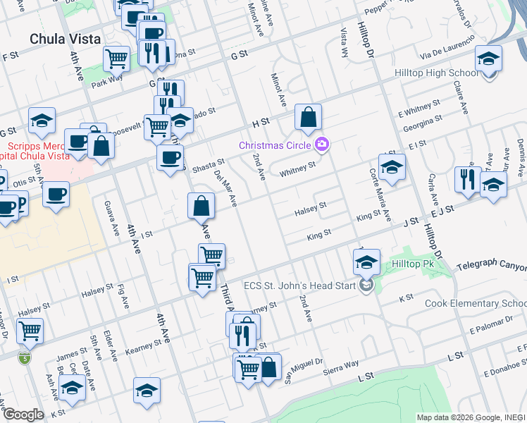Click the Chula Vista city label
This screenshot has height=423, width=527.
coord(65,39)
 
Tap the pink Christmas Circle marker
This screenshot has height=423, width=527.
coord(322,145)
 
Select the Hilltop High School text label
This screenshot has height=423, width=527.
coord(447,73)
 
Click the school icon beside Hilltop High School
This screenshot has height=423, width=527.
coord(488,59)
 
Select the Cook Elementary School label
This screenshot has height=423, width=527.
coord(475,304)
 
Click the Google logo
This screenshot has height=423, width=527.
coord(23,415)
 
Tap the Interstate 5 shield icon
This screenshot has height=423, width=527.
coord(25,357)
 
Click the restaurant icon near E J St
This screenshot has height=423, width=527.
coord(468,180)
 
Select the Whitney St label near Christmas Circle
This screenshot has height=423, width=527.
coord(297,169)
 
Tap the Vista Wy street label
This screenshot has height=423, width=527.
coord(345,42)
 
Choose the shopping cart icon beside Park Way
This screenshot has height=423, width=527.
coord(116,59)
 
